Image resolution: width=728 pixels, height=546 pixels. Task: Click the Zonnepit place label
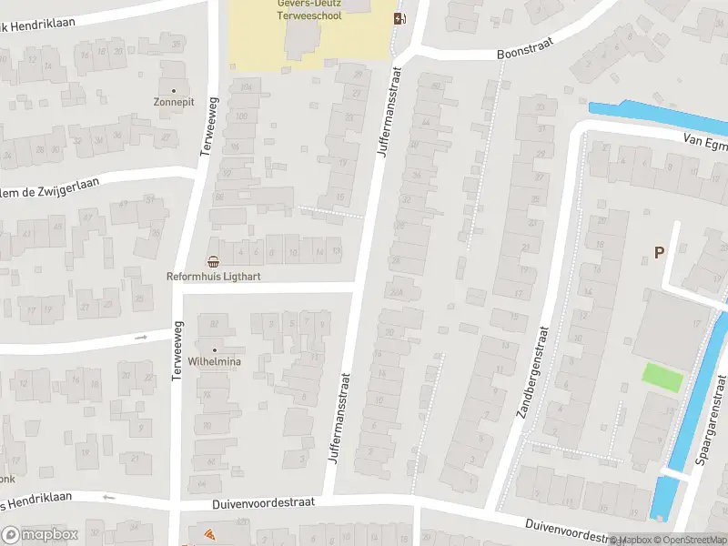[x=174, y=103]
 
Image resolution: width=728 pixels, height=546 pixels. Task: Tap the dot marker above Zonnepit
[x=174, y=91]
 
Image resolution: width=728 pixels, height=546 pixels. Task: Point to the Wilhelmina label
[x=215, y=361]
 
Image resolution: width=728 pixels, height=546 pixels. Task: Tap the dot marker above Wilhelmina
[x=215, y=349]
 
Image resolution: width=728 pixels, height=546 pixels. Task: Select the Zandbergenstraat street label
[x=533, y=373]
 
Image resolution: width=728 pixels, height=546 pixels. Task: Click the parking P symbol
[x=659, y=252]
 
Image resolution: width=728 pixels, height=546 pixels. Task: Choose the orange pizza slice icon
[x=208, y=534]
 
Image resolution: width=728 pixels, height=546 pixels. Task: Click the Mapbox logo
[x=39, y=535]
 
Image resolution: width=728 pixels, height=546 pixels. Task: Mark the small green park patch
[x=662, y=378]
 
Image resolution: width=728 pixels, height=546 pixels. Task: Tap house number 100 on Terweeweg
[x=241, y=116]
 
